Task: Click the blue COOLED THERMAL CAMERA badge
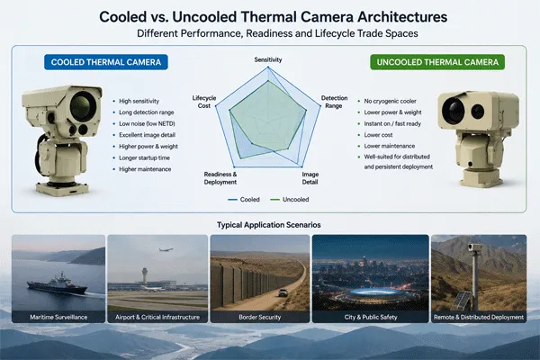(106, 62)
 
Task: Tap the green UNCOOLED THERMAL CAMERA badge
(437, 62)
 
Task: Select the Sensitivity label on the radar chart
(268, 59)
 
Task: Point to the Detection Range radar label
(334, 102)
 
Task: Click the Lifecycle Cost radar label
(204, 102)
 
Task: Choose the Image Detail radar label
(310, 178)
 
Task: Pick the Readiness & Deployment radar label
(220, 178)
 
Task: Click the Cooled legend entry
(244, 200)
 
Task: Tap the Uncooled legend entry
(290, 200)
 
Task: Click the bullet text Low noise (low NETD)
(147, 123)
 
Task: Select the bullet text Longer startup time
(144, 157)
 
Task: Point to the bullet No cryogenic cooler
(391, 101)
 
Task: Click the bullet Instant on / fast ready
(392, 123)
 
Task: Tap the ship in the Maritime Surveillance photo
(58, 284)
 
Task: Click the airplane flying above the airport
(166, 250)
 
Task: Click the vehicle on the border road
(283, 292)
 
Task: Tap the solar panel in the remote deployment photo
(462, 301)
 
